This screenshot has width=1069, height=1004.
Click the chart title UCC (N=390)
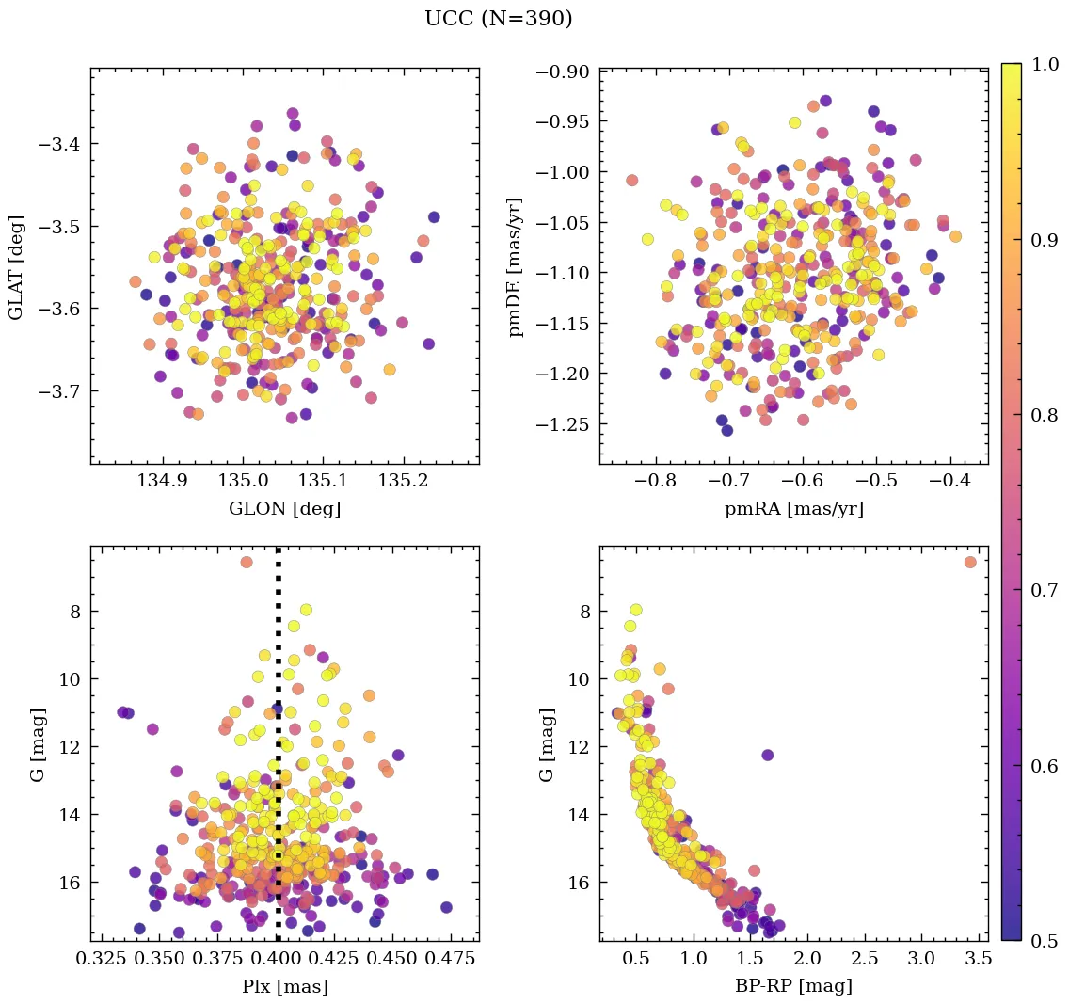(x=498, y=19)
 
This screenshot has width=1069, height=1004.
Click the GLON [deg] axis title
(x=284, y=509)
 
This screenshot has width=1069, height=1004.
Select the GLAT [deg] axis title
(x=17, y=267)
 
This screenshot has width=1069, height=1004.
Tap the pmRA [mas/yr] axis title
(x=793, y=509)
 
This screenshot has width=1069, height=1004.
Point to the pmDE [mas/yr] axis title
(x=516, y=267)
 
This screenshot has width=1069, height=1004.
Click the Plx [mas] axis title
(x=284, y=986)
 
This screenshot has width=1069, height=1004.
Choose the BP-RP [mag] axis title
(x=793, y=986)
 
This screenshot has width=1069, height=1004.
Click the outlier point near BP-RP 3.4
(x=970, y=562)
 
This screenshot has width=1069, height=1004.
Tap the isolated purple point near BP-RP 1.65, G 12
(x=767, y=755)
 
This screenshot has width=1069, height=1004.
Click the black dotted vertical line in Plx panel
(x=278, y=753)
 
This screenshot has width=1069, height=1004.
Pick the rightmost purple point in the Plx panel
(x=446, y=907)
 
